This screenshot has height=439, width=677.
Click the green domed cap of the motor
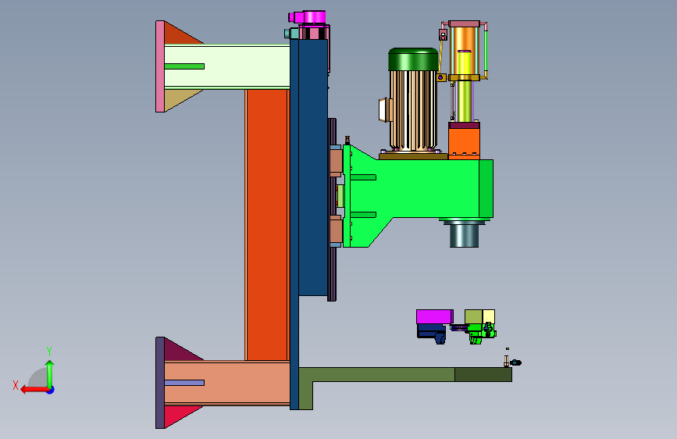click(413, 59)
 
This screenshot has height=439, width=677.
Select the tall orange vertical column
click(267, 225)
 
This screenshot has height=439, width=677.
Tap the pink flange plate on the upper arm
click(160, 66)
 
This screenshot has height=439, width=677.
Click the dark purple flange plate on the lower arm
click(160, 383)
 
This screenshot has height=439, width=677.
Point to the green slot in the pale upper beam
click(184, 66)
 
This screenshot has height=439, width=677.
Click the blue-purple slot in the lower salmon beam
click(184, 383)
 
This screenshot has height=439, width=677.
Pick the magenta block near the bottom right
click(435, 316)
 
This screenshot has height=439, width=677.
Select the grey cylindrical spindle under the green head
click(464, 234)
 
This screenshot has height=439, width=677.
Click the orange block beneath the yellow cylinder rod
click(464, 141)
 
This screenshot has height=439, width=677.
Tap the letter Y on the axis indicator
click(49, 352)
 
